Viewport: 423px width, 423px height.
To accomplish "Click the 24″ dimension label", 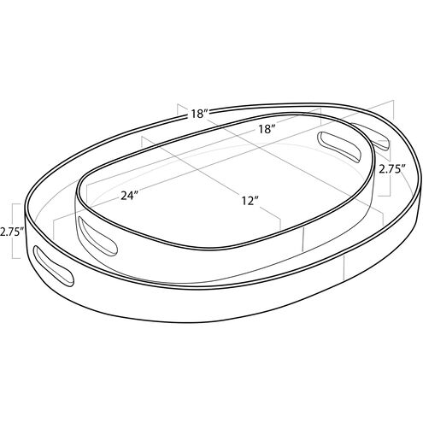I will pos(130,196).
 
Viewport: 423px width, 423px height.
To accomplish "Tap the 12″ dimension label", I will pos(250,201).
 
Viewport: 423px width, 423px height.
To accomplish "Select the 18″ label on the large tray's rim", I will pos(200,114).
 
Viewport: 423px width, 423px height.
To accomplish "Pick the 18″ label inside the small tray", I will pos(266,129).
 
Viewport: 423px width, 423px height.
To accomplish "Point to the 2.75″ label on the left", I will pos(11,231).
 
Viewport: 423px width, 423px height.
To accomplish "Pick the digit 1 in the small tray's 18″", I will pos(260,129).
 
